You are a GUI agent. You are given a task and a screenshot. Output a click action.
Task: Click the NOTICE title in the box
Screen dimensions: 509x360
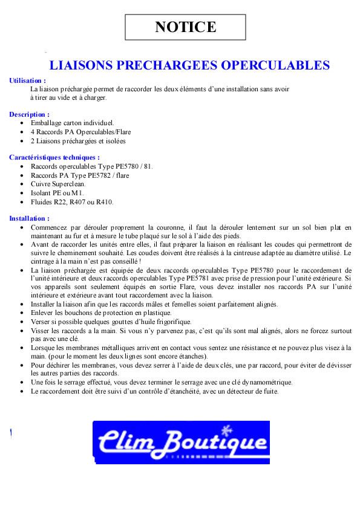185,27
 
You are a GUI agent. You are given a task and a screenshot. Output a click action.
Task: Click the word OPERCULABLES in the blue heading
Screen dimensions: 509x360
275,65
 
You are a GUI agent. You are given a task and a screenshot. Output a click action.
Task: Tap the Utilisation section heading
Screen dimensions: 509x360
28,80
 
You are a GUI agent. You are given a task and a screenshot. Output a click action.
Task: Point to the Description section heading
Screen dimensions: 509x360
30,114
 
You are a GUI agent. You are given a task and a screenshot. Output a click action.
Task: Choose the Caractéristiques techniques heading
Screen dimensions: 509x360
54,157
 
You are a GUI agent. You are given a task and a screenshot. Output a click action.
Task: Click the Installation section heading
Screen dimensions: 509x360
30,218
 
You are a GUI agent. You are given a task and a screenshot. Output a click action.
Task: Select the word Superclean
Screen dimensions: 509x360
68,184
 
